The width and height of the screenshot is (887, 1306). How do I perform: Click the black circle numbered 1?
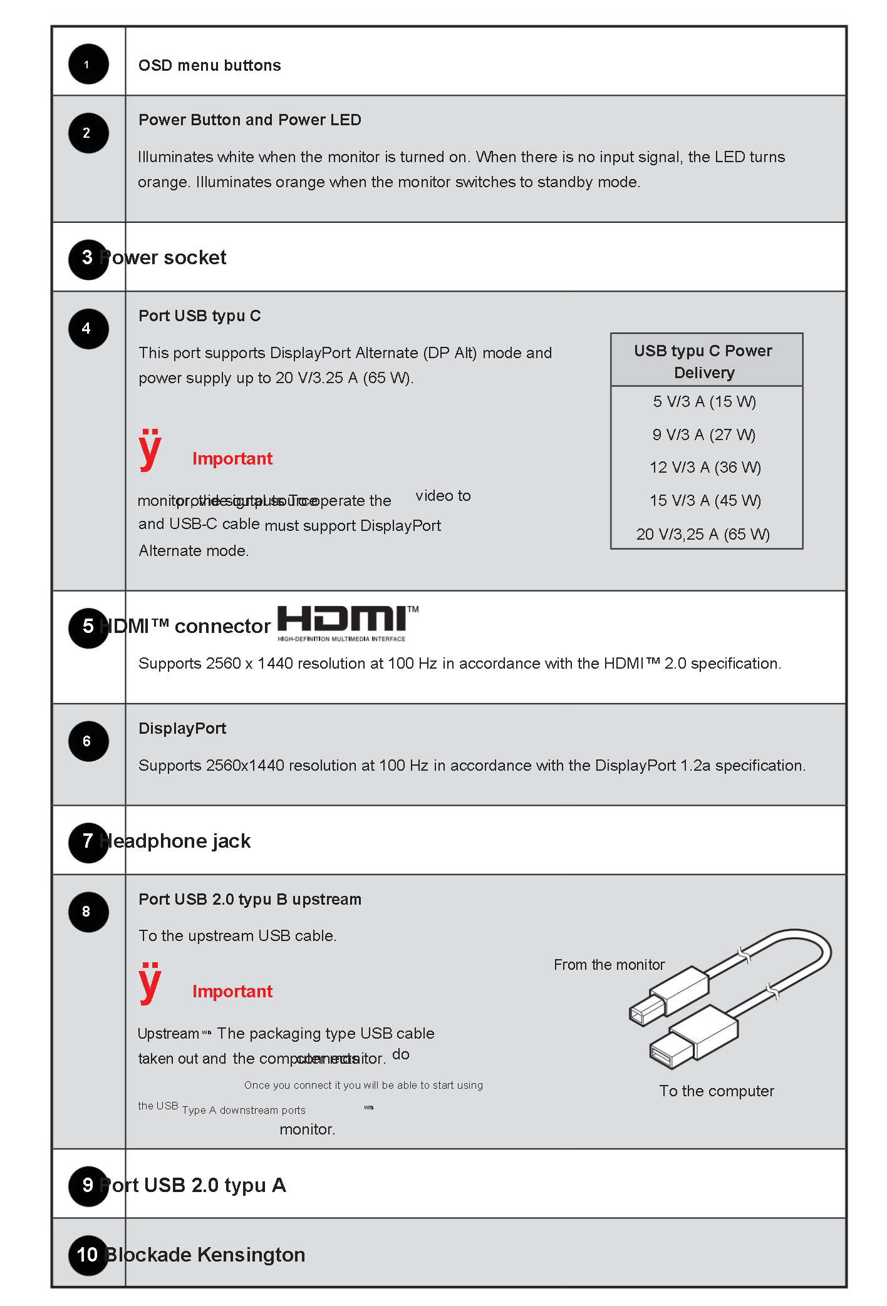point(88,64)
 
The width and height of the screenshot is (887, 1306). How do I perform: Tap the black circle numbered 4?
point(88,329)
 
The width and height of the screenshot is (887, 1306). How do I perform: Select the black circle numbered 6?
point(88,741)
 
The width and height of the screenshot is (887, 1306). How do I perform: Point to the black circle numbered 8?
point(88,912)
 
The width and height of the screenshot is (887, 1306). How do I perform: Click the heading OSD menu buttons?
point(209,66)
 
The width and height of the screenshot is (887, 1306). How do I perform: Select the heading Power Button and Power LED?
point(249,120)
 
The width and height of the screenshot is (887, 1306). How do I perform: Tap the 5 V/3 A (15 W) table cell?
point(705,402)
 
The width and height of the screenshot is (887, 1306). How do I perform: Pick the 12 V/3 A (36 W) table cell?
point(705,468)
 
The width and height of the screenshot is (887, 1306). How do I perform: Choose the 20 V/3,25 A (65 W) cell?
point(703,534)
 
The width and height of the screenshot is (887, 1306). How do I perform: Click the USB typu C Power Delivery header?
point(703,361)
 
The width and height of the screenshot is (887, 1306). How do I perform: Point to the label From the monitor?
point(609,965)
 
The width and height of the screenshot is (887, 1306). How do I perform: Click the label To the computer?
point(717,1091)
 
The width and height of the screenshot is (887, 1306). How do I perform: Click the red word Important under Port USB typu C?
point(232,459)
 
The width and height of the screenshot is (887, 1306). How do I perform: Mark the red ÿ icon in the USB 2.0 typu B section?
point(150,982)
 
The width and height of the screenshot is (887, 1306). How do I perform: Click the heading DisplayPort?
point(182,729)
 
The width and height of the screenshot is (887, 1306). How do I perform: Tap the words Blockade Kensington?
point(205,1255)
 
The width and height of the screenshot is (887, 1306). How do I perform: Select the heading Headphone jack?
point(175,841)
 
